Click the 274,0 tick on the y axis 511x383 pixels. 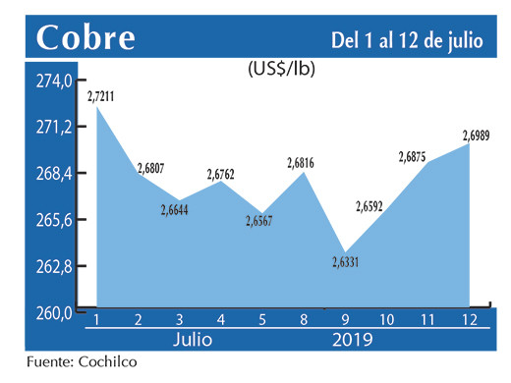click(55, 81)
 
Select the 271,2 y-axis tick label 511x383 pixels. click(55, 128)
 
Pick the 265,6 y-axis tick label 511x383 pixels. click(55, 221)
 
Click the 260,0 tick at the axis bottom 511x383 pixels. click(55, 313)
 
